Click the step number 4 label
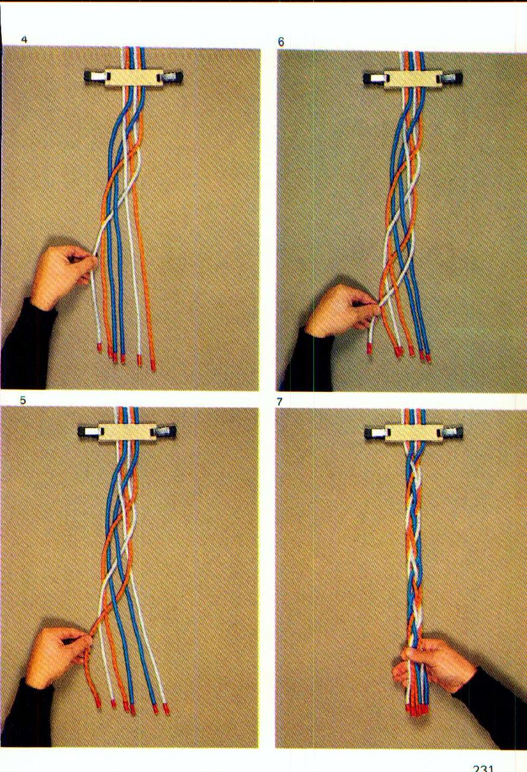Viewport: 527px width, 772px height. point(24,40)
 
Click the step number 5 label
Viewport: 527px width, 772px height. point(23,400)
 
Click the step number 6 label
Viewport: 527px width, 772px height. point(281,42)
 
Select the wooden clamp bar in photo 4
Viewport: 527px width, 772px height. point(133,78)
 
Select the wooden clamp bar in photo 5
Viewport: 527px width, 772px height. point(127,433)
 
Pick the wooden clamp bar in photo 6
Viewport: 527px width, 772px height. point(412,78)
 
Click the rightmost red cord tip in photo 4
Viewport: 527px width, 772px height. point(153,364)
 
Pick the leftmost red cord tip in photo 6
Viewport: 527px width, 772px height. point(369,349)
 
